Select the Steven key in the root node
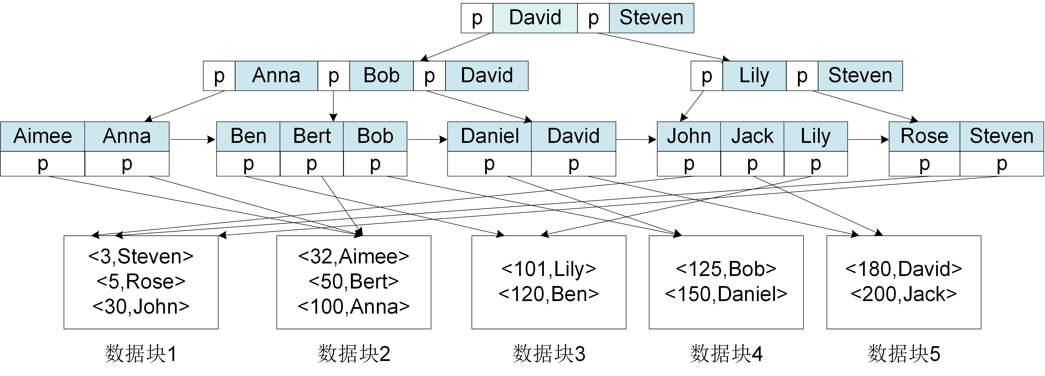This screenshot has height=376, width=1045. coord(651,18)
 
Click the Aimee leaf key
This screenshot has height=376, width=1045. coord(43,136)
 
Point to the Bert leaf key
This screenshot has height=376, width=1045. coord(312,136)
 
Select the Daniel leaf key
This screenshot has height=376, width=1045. coord(489,136)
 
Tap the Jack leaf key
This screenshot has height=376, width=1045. coord(752,136)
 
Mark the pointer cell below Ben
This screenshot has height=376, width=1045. coord(248,164)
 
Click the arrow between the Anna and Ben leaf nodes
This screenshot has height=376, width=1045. coord(193,140)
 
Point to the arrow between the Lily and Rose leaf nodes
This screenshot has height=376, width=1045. coord(868,140)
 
